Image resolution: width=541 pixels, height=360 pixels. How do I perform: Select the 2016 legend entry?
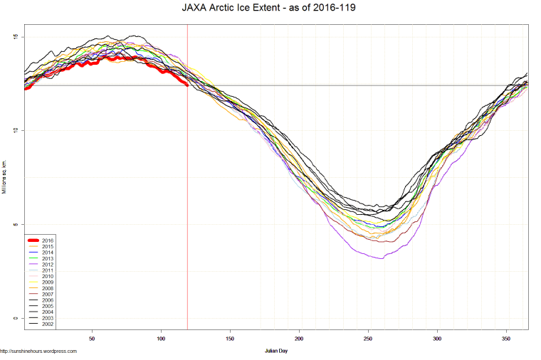click(x=48, y=240)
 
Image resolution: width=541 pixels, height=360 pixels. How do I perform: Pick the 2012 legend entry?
click(x=48, y=265)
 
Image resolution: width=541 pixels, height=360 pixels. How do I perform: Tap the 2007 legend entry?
click(x=48, y=294)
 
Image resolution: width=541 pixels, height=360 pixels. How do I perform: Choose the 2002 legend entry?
click(x=48, y=324)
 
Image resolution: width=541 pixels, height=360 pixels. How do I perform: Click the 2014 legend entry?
click(x=48, y=253)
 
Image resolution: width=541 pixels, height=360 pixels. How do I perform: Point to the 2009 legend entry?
click(x=48, y=282)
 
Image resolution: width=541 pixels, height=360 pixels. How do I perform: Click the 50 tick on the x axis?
click(x=92, y=339)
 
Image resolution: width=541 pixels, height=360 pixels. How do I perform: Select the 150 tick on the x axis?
click(x=230, y=339)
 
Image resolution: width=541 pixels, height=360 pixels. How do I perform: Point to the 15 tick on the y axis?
click(x=15, y=37)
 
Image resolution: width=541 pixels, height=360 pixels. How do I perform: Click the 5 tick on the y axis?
click(x=15, y=225)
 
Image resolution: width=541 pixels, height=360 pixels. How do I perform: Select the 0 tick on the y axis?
click(x=15, y=318)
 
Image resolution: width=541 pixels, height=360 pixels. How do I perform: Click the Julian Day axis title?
click(x=275, y=351)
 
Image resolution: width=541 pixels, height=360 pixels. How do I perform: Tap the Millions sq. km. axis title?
click(x=5, y=178)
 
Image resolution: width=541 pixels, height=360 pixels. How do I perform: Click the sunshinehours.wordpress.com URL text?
click(x=38, y=351)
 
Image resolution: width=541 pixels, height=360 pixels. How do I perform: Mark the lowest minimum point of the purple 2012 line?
click(x=382, y=258)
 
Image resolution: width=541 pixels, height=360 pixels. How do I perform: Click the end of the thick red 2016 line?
click(x=187, y=85)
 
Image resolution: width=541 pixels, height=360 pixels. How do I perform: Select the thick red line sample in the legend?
click(x=32, y=240)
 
